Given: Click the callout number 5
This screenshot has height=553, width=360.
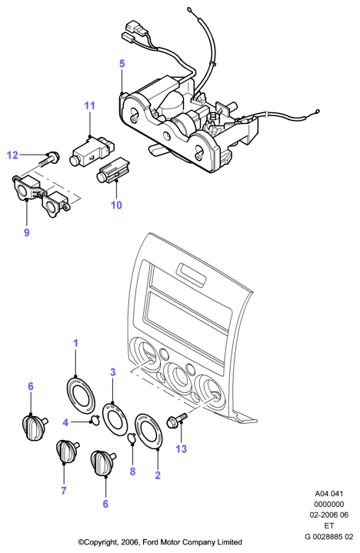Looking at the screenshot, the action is tap(122, 64).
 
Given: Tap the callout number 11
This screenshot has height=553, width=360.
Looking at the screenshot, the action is tap(89, 105).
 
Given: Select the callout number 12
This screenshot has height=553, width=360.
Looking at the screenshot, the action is tap(12, 155).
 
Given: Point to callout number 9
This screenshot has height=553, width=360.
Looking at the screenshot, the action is tap(27, 232).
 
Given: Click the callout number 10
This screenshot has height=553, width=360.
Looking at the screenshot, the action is tap(116, 205).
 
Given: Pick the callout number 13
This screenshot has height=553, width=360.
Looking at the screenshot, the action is tap(181, 449).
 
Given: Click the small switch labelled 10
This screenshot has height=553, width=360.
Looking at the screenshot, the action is tap(113, 170).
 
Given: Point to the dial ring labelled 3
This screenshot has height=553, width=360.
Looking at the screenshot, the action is tap(115, 419).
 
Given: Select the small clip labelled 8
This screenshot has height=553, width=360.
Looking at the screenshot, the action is tap(132, 438).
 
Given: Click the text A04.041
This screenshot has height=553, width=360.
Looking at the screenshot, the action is tap(329, 494).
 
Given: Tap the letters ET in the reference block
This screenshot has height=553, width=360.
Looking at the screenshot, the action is tap(329, 526).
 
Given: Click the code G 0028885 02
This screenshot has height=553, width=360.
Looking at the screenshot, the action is tap(329, 537).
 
